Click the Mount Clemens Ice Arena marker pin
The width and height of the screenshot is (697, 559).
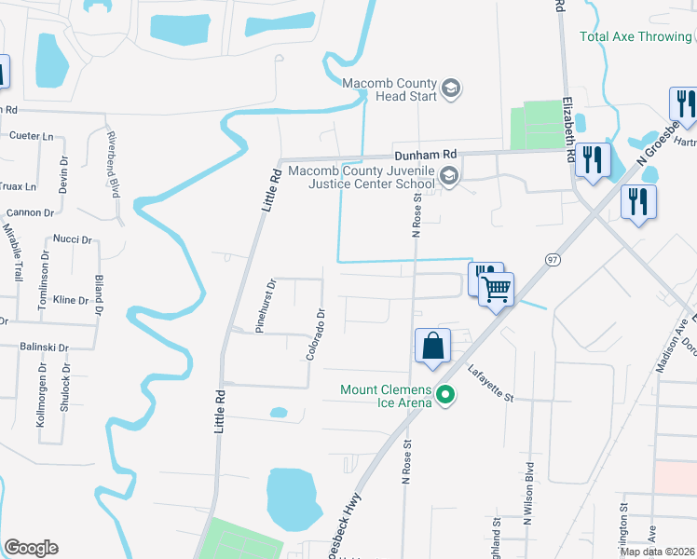tap(445, 396)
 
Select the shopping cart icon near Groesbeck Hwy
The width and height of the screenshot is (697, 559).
tap(497, 290)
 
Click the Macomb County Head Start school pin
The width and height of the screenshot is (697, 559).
tap(451, 89)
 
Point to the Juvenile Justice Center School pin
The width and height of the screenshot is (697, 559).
tap(449, 177)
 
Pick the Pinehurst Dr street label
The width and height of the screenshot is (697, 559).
tap(266, 306)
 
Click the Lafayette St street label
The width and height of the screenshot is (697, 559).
tap(491, 383)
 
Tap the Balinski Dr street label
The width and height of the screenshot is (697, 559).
tap(45, 348)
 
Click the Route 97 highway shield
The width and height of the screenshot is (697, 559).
tap(553, 258)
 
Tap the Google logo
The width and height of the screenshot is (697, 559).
tap(31, 548)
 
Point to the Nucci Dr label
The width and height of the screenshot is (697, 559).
tap(72, 239)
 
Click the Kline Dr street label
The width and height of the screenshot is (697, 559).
tap(70, 300)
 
